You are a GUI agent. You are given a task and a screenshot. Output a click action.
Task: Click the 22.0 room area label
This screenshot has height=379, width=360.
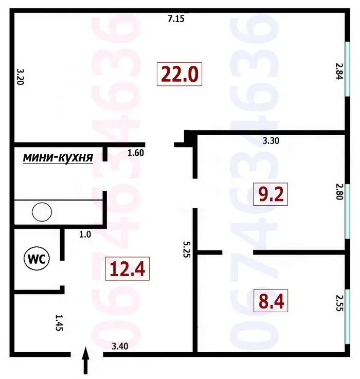click(x=179, y=75)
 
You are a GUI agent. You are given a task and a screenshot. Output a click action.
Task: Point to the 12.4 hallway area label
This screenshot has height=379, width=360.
click(x=128, y=268)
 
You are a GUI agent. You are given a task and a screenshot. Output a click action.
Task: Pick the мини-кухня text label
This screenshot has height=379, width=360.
click(x=58, y=158)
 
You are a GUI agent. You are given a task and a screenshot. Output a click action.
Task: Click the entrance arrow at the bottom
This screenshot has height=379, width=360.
click(x=86, y=362)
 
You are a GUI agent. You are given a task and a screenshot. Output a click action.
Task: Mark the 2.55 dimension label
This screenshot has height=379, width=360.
click(x=338, y=303)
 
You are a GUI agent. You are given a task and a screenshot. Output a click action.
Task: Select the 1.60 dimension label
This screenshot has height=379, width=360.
click(x=136, y=152)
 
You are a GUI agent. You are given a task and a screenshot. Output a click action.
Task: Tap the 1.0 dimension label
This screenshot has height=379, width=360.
click(x=85, y=234)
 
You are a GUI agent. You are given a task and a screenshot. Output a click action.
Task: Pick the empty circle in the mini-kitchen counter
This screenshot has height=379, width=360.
click(x=42, y=211)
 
